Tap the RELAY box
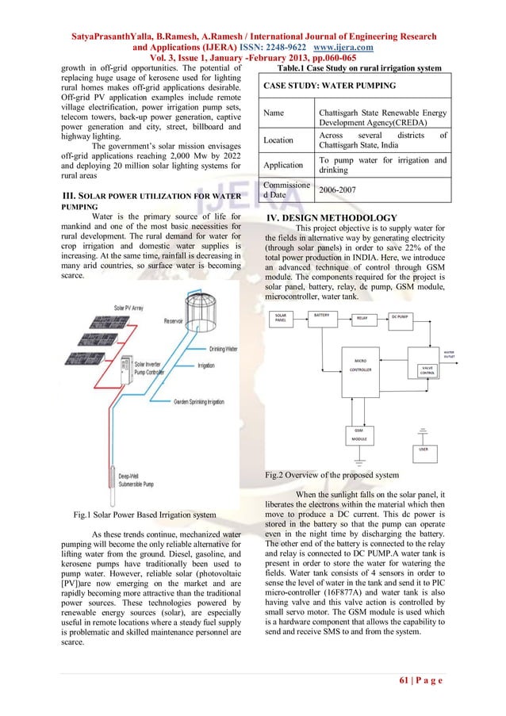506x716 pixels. (362, 318)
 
